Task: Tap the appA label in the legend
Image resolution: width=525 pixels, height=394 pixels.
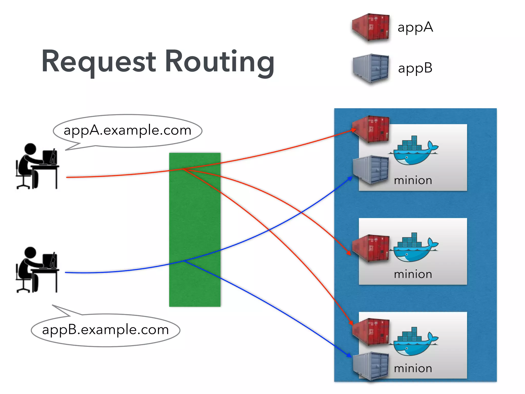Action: click(415, 27)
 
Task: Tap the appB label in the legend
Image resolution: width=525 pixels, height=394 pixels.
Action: click(415, 68)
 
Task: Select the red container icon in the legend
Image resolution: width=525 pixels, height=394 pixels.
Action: click(371, 27)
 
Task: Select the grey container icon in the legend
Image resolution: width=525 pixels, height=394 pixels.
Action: click(371, 68)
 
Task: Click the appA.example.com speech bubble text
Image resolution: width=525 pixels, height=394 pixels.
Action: click(127, 130)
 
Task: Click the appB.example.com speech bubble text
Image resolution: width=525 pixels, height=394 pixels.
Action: click(105, 330)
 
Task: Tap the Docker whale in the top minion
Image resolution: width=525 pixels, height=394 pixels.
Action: click(413, 151)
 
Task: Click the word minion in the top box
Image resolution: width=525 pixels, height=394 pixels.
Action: click(413, 180)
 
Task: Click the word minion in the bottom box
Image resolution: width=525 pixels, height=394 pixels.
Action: click(413, 368)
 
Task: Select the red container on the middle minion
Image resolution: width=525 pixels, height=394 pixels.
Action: click(371, 248)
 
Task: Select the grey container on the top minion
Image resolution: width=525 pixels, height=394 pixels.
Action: click(371, 169)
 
